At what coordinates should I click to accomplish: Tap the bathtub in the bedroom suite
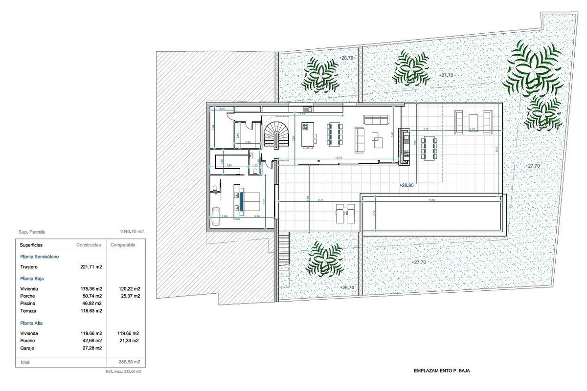coord(216,216)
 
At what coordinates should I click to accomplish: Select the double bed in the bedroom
coord(250,201)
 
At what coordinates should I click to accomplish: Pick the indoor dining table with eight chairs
coord(336,134)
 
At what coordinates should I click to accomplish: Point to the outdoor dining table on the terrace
coord(430,148)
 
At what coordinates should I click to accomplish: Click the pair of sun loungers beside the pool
coord(345,214)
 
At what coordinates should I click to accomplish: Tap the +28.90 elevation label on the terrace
coord(406,186)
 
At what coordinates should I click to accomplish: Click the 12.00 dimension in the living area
coord(338,158)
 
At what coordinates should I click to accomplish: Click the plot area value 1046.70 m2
coord(131,233)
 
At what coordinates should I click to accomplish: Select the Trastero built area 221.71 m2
coord(91,267)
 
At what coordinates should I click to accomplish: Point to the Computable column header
coord(123,245)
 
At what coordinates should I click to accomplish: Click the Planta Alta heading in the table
coord(32,323)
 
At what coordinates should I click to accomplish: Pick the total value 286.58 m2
coord(130,362)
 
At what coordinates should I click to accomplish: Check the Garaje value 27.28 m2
coord(91,348)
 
